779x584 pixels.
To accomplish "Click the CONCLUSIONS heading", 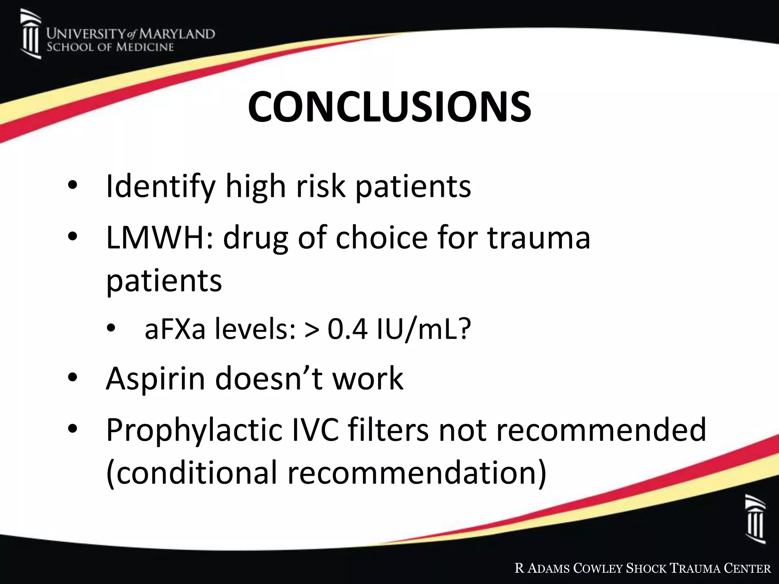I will (x=389, y=107).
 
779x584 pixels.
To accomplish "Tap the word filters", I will (x=388, y=430).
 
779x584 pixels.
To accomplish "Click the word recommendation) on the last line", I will (x=417, y=473).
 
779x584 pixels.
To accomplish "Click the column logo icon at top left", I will (x=30, y=35).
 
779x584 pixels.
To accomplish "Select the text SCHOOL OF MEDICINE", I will (x=110, y=47).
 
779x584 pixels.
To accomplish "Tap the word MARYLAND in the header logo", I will (x=176, y=34).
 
